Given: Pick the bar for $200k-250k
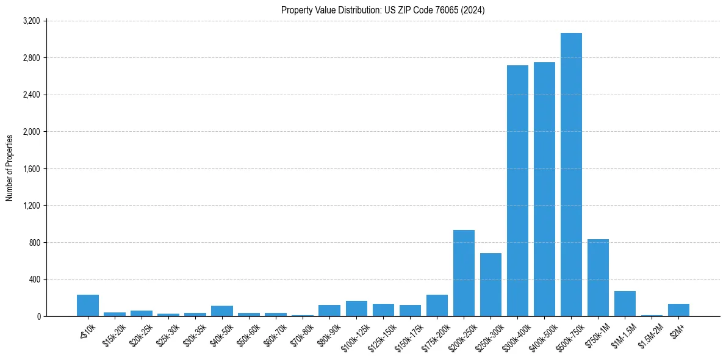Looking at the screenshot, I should pos(464,273).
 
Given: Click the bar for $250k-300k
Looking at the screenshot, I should pos(491,285).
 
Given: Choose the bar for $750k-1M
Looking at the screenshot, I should pos(598,278).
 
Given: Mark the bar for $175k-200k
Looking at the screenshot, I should pos(437,306).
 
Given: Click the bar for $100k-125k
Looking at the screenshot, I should pos(356,309).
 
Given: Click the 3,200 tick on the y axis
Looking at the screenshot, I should pos(31,21).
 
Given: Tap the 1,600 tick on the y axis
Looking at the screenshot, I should pos(31,169).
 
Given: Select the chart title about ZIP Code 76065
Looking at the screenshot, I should pos(383,10).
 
